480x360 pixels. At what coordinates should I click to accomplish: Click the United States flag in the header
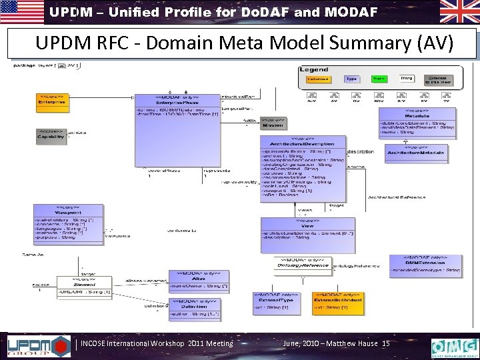(22, 11)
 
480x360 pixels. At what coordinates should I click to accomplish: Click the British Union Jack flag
(459, 11)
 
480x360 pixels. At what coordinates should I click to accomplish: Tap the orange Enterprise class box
(51, 100)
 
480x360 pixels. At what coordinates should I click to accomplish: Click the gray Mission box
(272, 124)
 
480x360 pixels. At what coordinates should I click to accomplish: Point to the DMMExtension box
(432, 266)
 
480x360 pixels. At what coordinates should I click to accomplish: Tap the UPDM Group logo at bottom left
(37, 345)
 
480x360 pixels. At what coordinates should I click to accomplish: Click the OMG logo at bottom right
(454, 347)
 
